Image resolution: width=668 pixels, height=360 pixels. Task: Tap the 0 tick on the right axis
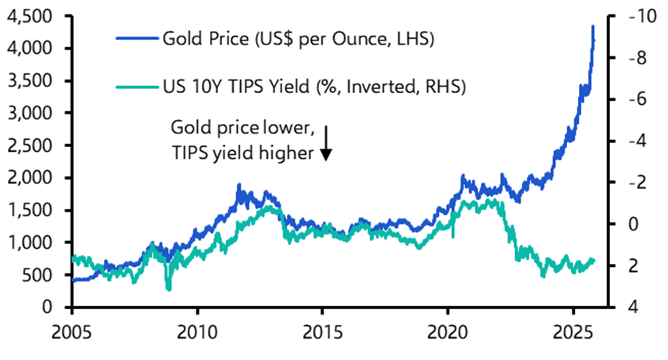click(631, 224)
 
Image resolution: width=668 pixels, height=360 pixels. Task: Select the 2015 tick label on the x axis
click(322, 329)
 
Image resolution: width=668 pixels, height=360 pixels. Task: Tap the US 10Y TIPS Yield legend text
click(313, 84)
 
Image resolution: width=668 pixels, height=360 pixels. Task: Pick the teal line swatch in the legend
click(136, 84)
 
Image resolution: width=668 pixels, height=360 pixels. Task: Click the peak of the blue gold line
click(592, 26)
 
